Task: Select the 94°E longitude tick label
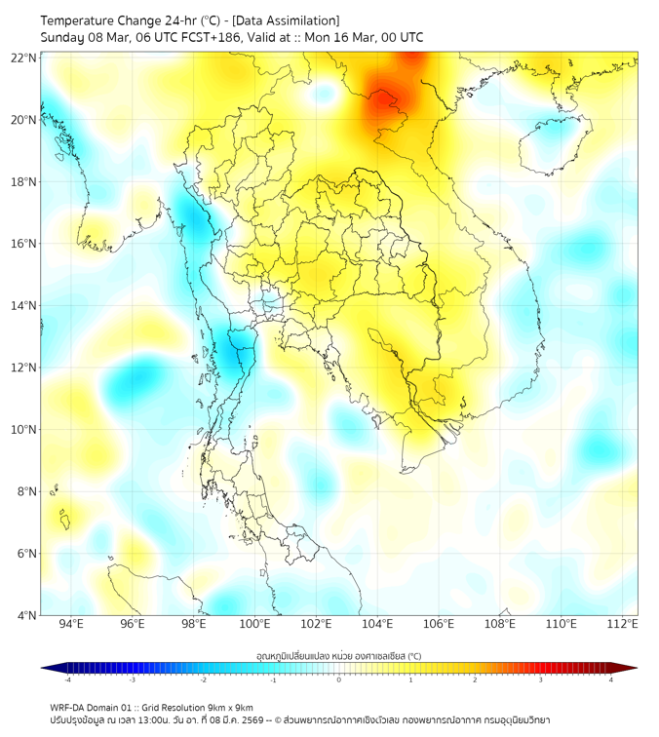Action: pyautogui.click(x=71, y=624)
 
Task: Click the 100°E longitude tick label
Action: pyautogui.click(x=254, y=624)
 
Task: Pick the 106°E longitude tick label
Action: pyautogui.click(x=439, y=624)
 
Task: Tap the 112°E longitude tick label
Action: pyautogui.click(x=622, y=624)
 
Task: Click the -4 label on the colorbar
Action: pyautogui.click(x=67, y=679)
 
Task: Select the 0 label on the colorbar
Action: pyautogui.click(x=339, y=679)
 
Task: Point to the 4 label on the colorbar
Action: pyautogui.click(x=611, y=679)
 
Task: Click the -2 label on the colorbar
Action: pyautogui.click(x=203, y=679)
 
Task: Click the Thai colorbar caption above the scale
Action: pyautogui.click(x=339, y=656)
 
